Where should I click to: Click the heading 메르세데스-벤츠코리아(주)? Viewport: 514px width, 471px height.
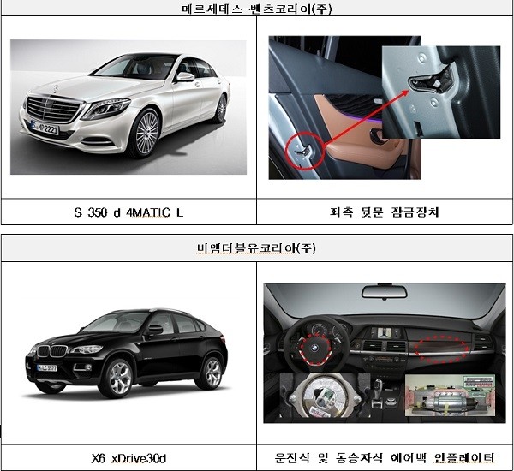tap(257, 9)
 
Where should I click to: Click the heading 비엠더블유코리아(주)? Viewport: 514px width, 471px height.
tap(257, 251)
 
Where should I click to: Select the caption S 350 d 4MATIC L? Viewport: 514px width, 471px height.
tap(129, 211)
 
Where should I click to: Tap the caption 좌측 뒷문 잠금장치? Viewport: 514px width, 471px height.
tap(386, 211)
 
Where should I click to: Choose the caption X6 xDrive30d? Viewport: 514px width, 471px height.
tap(129, 458)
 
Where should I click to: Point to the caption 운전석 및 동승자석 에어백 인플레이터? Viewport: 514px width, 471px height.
tap(386, 458)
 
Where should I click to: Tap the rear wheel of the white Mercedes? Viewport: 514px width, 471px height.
tap(221, 109)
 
